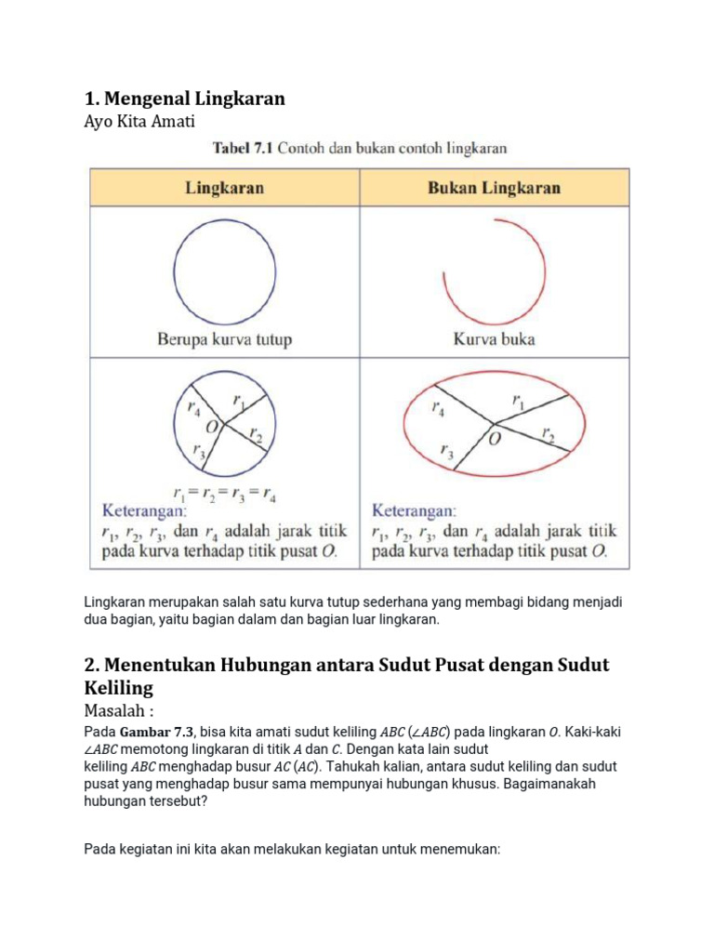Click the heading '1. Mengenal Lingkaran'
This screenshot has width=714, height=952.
[184, 98]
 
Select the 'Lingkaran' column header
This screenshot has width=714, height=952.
[224, 187]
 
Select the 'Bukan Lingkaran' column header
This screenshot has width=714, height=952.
[494, 187]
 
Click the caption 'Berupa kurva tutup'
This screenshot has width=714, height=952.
[224, 339]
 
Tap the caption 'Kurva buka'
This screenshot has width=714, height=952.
[494, 339]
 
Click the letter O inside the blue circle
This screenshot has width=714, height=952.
[212, 426]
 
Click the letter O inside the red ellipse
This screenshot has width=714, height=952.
[495, 438]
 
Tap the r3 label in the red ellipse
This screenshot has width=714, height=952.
[447, 452]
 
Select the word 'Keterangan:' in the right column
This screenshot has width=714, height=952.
[414, 510]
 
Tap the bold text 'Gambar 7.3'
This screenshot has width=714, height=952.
[157, 732]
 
